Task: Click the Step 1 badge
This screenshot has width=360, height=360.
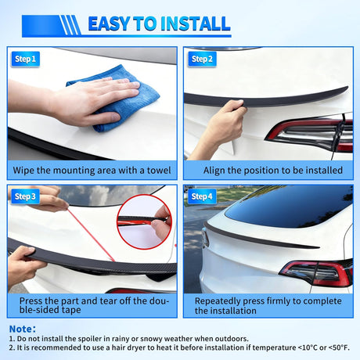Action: point(25,59)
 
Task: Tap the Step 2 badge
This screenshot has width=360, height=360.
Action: point(202,59)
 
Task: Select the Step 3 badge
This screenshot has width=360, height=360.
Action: point(25,196)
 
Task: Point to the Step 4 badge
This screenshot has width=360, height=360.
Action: point(202,196)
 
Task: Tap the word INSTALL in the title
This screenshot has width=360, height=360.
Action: point(194,23)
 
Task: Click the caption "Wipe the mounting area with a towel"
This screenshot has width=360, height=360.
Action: point(92,170)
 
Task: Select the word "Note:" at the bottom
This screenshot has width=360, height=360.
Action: point(21,329)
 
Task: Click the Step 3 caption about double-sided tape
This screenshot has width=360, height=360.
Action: point(92,304)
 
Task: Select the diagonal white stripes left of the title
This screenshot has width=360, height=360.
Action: point(71,25)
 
